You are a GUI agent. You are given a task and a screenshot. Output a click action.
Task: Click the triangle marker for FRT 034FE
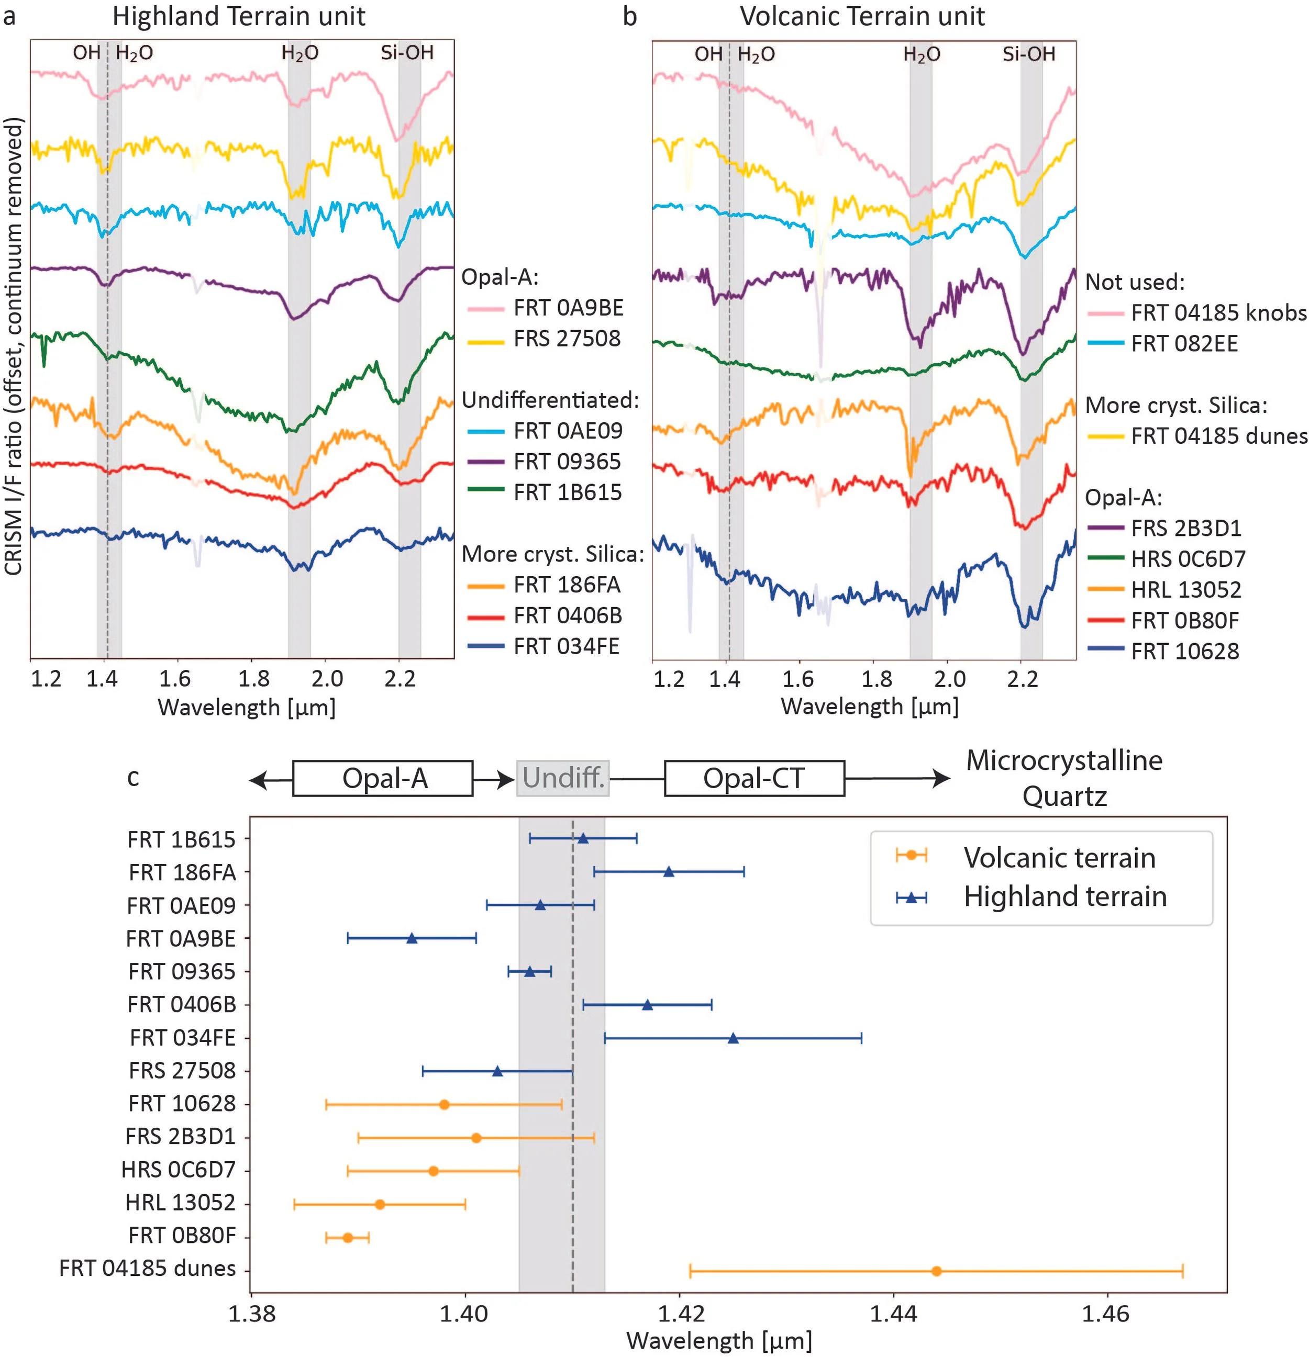click(733, 1038)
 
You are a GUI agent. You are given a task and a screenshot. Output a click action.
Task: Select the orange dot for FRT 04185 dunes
click(936, 1271)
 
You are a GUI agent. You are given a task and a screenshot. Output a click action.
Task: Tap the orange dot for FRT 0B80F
click(348, 1237)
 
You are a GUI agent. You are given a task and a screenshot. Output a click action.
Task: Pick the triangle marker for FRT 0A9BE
click(412, 938)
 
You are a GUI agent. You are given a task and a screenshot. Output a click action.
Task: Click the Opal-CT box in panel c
click(754, 778)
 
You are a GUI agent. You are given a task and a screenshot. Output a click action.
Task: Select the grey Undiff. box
click(563, 778)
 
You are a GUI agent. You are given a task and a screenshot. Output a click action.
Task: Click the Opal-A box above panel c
click(383, 778)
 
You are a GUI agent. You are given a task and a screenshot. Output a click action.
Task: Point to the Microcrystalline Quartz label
click(1064, 778)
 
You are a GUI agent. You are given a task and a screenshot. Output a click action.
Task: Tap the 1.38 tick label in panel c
click(252, 1314)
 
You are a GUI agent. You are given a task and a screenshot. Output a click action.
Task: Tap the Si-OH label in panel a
click(407, 53)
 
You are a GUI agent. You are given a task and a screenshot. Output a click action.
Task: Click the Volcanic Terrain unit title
click(862, 16)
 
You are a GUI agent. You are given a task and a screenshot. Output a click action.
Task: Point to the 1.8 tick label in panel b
click(877, 678)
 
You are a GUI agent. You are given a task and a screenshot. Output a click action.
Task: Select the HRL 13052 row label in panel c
click(180, 1203)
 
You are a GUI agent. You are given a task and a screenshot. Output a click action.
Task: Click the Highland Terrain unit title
click(239, 16)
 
